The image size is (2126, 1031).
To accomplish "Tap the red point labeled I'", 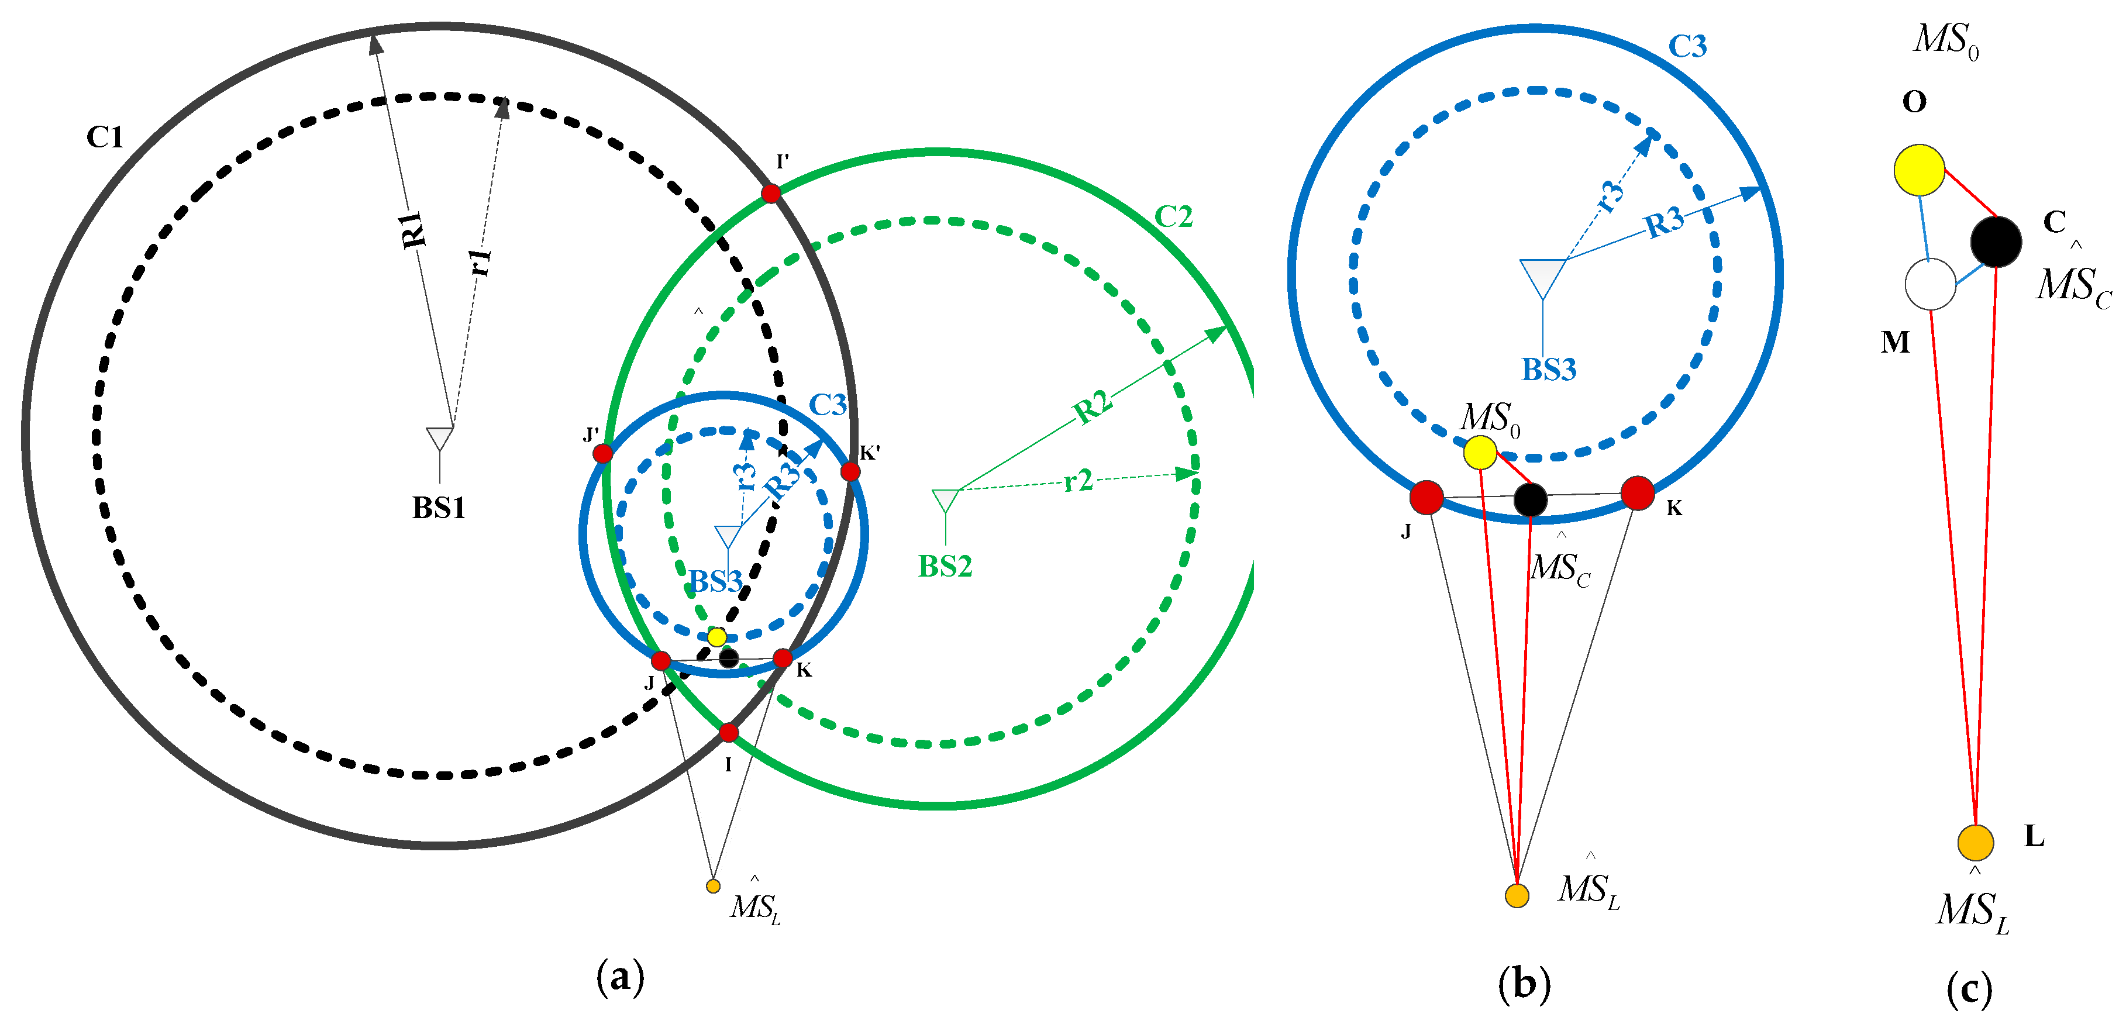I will (x=771, y=193).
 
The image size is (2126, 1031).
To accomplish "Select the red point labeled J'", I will (x=602, y=453).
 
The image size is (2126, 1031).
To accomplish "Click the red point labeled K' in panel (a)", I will (x=850, y=471).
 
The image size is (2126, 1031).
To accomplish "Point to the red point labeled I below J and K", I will (x=728, y=732).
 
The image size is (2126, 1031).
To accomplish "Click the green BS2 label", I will (x=945, y=566).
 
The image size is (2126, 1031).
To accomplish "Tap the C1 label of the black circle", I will (x=105, y=137).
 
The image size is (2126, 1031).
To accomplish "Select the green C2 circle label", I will (x=1173, y=217).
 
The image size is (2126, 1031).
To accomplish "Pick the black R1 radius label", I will (x=414, y=229).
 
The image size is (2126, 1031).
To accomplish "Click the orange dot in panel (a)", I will (x=713, y=886).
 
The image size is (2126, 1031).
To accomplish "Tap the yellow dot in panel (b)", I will (x=1480, y=451).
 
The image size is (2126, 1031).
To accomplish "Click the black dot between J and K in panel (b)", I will (x=1530, y=499).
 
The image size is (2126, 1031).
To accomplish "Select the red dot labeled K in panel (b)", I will (x=1638, y=493).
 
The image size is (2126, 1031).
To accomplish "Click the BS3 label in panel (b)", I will (x=1548, y=370).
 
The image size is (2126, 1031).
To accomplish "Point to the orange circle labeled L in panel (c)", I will (x=1976, y=842).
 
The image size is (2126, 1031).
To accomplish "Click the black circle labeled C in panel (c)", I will (x=1996, y=241).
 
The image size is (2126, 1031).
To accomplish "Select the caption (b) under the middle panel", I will (x=1524, y=984).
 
